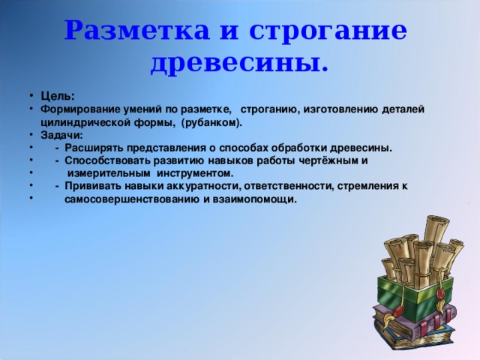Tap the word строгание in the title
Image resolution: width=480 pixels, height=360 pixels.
pyautogui.click(x=327, y=31)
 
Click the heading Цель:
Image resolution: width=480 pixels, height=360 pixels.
pyautogui.click(x=57, y=96)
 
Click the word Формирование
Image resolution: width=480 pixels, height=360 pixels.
pyautogui.click(x=81, y=109)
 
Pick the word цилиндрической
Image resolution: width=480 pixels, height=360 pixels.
pyautogui.click(x=84, y=121)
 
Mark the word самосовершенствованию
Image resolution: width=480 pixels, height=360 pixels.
pyautogui.click(x=132, y=199)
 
